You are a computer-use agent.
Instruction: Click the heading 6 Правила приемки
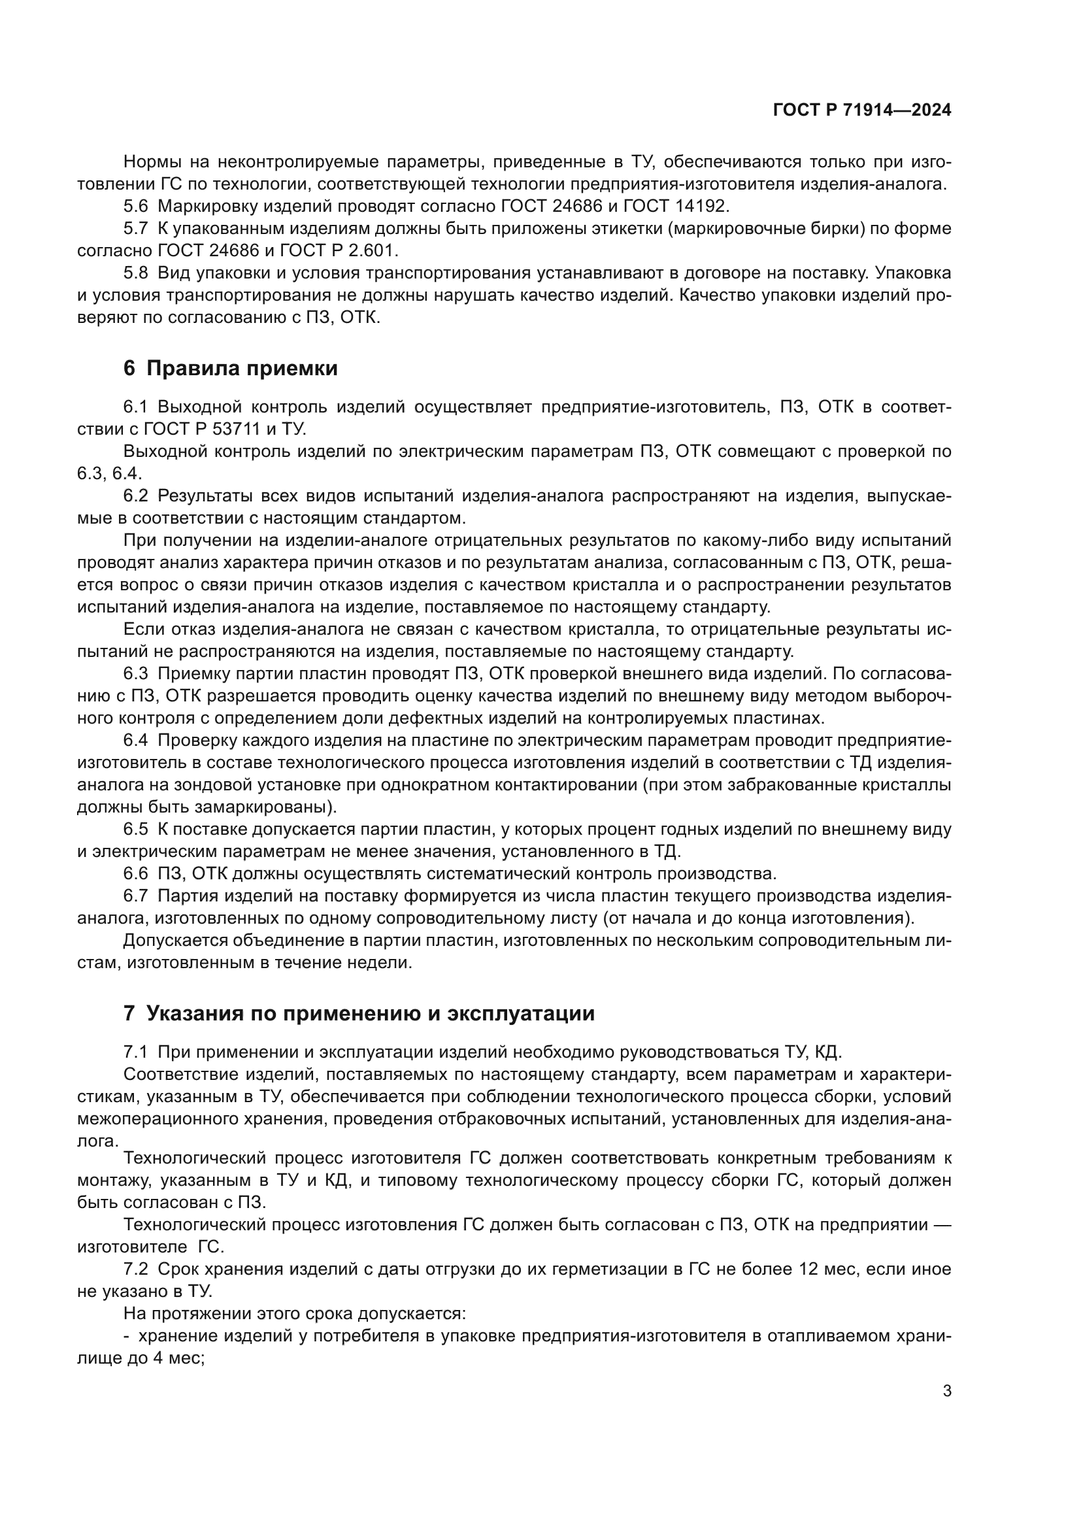[230, 368]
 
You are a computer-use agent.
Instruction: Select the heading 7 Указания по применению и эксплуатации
[359, 1014]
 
